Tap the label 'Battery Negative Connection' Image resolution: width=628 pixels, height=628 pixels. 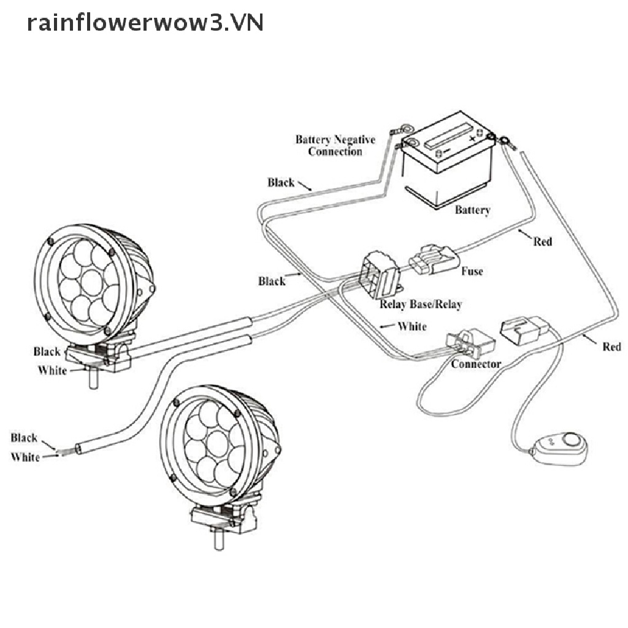click(335, 145)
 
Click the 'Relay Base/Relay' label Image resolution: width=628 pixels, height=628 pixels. click(421, 304)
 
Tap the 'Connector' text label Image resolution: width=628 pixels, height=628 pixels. click(476, 364)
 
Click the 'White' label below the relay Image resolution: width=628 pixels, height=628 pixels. click(412, 326)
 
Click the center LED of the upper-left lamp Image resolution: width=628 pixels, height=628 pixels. click(90, 283)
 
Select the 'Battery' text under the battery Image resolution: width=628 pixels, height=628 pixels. click(472, 210)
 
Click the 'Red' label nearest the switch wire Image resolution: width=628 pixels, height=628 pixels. click(611, 347)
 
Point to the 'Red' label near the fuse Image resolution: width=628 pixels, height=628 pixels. click(542, 242)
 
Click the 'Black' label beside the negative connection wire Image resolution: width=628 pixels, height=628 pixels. click(281, 182)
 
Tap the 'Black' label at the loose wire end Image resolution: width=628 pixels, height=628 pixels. click(24, 438)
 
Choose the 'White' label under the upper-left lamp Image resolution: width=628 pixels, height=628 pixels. click(52, 370)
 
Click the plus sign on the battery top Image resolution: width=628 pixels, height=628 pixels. click(473, 138)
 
